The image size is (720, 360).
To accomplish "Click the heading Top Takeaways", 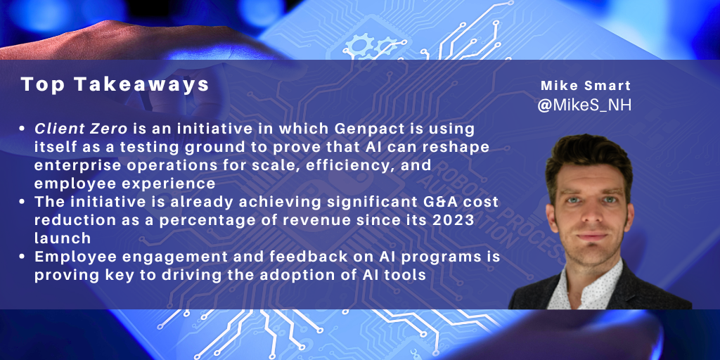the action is click(x=115, y=85).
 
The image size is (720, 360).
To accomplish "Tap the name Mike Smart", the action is click(x=586, y=85).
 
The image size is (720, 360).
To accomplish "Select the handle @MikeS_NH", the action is click(x=584, y=105).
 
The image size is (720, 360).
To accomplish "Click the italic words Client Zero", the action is click(x=81, y=129).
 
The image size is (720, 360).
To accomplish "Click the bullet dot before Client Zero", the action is click(x=22, y=129).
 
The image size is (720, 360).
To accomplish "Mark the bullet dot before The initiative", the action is click(x=22, y=202).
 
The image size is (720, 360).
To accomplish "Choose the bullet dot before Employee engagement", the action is click(x=22, y=257).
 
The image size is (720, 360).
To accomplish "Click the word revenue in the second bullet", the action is click(x=314, y=220).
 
